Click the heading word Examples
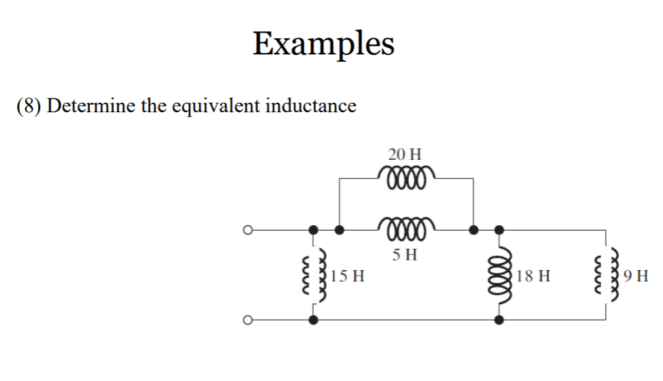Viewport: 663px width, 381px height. click(323, 44)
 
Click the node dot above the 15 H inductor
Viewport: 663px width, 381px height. click(313, 231)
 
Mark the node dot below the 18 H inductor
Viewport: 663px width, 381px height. click(499, 319)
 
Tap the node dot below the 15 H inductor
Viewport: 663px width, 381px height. click(313, 319)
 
